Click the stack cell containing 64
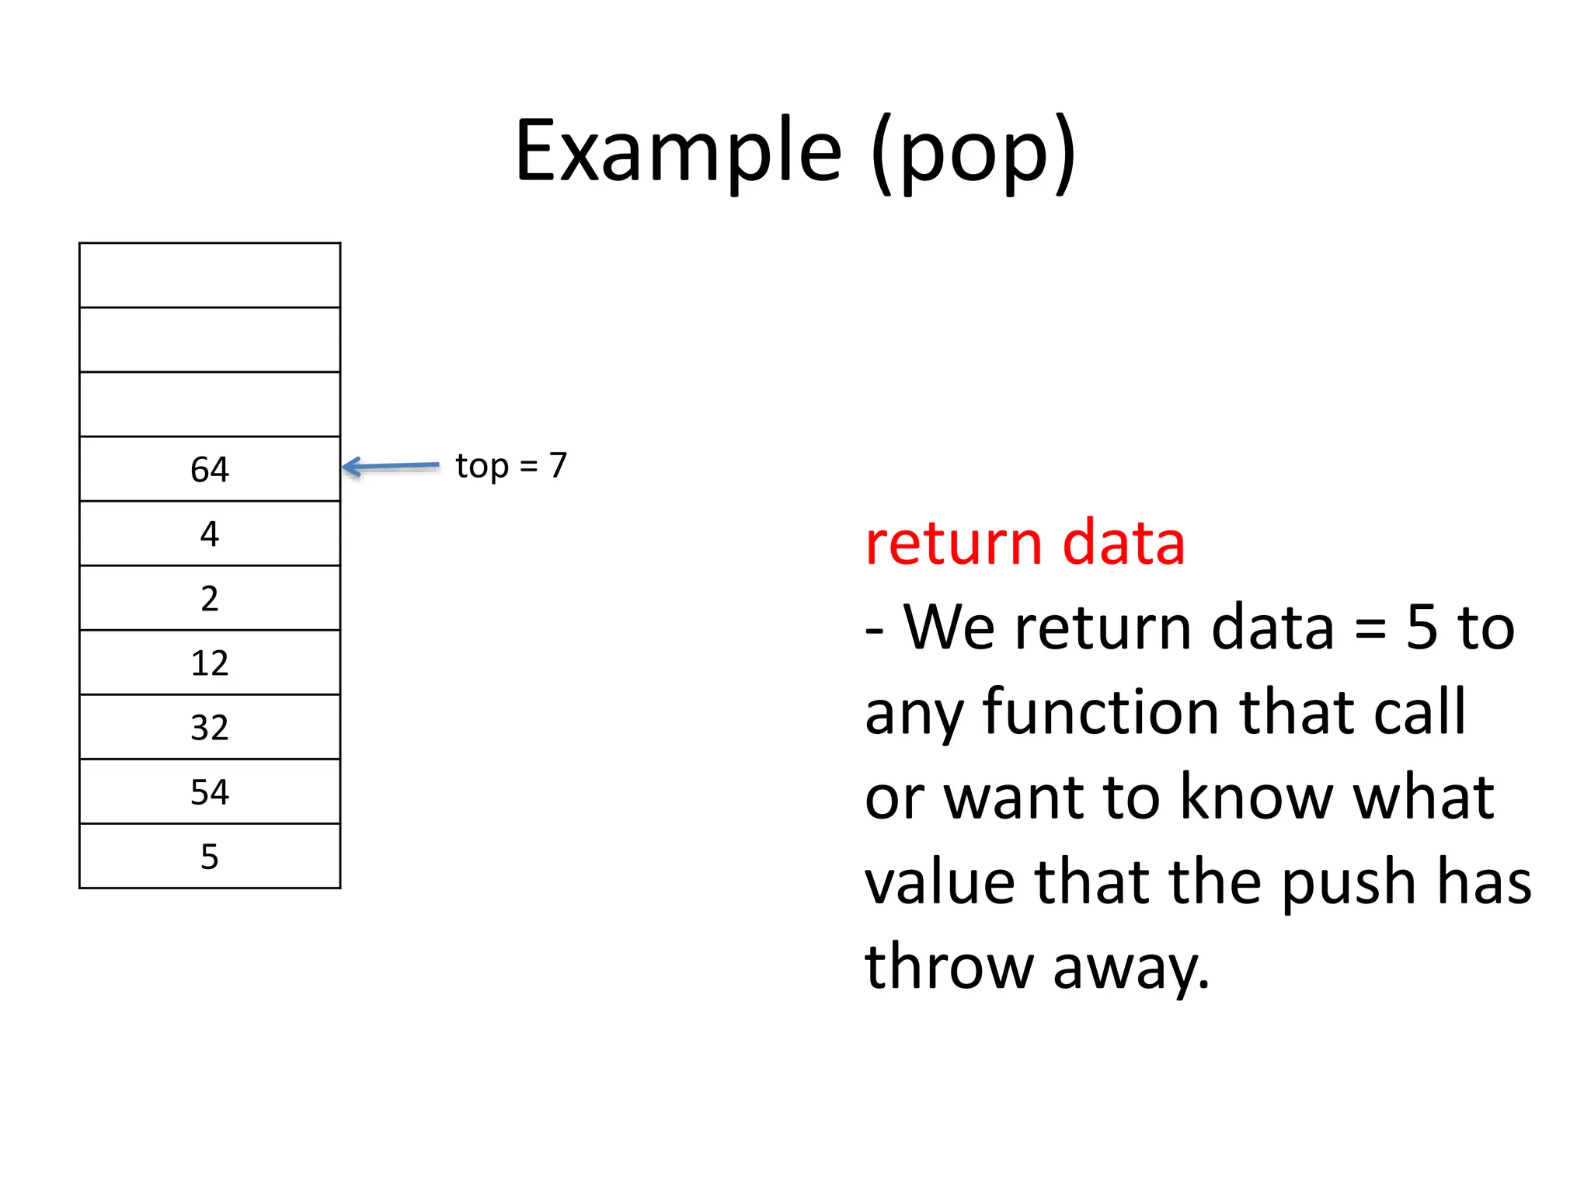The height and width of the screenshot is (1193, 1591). click(210, 469)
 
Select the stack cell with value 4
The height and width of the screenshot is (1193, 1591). click(210, 534)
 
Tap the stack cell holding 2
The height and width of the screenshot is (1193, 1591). click(210, 598)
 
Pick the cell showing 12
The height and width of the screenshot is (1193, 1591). click(210, 663)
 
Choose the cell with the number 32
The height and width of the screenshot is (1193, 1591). click(210, 727)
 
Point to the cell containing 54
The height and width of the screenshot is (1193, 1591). click(210, 791)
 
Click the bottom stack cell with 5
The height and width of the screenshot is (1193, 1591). click(210, 856)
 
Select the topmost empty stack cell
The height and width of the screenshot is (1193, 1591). click(210, 275)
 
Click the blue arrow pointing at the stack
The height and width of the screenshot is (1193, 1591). click(391, 467)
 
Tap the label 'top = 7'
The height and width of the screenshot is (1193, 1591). click(511, 466)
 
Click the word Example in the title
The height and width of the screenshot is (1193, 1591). click(678, 151)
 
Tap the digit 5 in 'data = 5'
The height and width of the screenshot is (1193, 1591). click(1422, 628)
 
